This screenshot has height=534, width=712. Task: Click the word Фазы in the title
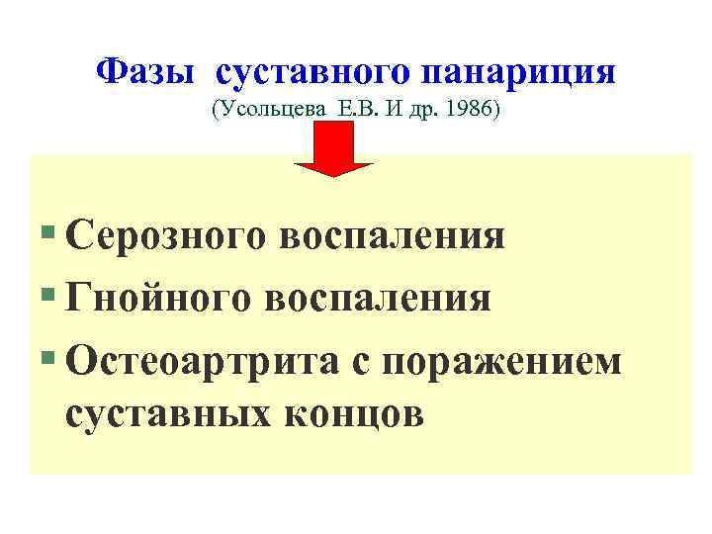click(x=147, y=71)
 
